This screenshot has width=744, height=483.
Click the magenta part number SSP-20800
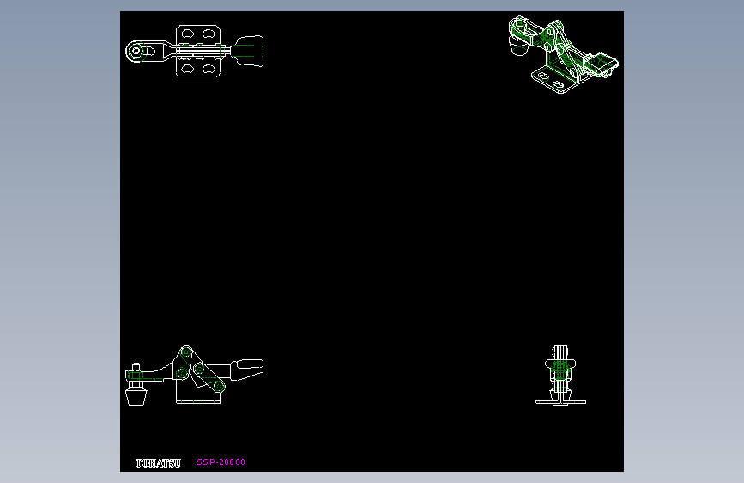coord(221,462)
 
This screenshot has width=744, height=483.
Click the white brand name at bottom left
coord(158,463)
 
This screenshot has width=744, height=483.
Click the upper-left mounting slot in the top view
coord(186,34)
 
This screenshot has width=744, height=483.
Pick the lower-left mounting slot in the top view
coord(186,68)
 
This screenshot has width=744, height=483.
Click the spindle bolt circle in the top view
coord(136,51)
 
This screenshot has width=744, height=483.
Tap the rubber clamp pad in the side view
coord(136,399)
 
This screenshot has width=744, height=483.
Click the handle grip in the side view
coord(246,368)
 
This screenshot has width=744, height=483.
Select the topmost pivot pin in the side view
coord(187,352)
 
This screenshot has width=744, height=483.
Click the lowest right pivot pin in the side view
coord(219,387)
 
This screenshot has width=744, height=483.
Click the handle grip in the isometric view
coord(604,64)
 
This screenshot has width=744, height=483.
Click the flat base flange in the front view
coord(561,402)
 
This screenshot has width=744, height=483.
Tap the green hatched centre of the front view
coord(561,370)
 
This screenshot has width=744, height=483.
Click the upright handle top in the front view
coord(561,352)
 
